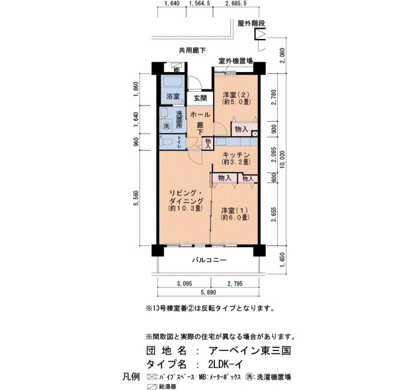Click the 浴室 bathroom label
coord(173,96)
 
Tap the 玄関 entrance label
coord(200,98)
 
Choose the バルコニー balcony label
coord(209,260)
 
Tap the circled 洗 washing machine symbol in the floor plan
coord(167,126)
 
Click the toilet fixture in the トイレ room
coord(167,142)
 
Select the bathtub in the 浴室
coord(173,81)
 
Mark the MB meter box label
coord(176,70)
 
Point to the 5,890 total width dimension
coord(208,293)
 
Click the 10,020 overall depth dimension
coord(283,159)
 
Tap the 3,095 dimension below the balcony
coord(184,283)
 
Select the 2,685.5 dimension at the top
coord(236,3)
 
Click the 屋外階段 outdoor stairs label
coord(251,23)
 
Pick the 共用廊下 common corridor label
coord(193,50)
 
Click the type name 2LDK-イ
coord(226,364)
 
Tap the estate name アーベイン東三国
coord(250,350)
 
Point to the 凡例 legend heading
coord(131,377)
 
